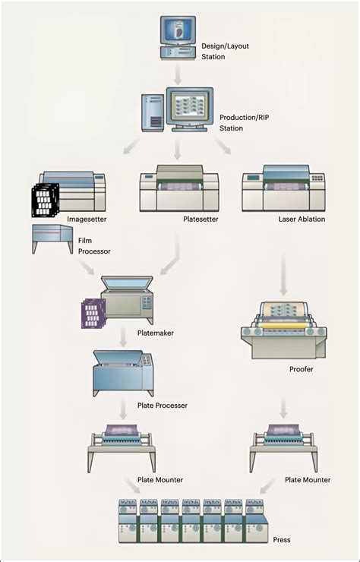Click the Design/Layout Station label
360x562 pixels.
pyautogui.click(x=225, y=51)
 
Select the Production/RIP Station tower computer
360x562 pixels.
pyautogui.click(x=153, y=112)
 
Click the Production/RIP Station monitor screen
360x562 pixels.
pyautogui.click(x=189, y=106)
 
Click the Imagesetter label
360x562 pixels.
pyautogui.click(x=87, y=219)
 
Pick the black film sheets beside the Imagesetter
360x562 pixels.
pyautogui.click(x=45, y=200)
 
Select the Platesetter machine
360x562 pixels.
pyautogui.click(x=179, y=188)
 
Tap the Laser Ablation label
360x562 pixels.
pyautogui.click(x=302, y=219)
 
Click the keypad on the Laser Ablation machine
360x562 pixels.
pyautogui.click(x=317, y=178)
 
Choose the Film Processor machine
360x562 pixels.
pyautogui.click(x=52, y=238)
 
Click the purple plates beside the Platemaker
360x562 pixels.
pyautogui.click(x=93, y=314)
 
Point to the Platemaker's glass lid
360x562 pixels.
pyautogui.click(x=127, y=282)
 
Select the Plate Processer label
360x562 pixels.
pyautogui.click(x=163, y=406)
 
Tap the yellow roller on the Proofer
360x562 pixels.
pyautogui.click(x=284, y=325)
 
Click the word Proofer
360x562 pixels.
pyautogui.click(x=302, y=369)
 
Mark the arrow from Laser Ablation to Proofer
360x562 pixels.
pyautogui.click(x=283, y=275)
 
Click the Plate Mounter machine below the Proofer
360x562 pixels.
pyautogui.click(x=283, y=447)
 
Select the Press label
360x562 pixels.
pyautogui.click(x=282, y=539)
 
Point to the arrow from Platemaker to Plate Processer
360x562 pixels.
pyautogui.click(x=123, y=336)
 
